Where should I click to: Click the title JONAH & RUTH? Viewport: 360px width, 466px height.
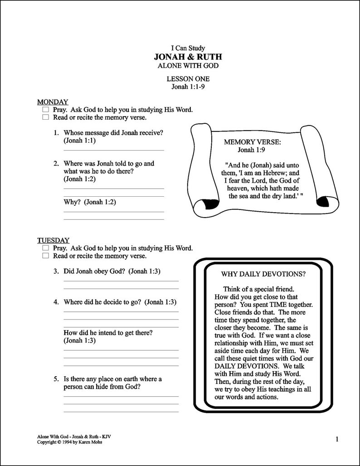pos(188,57)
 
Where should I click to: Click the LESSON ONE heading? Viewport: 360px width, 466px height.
pos(188,79)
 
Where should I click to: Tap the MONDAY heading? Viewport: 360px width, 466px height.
pos(53,102)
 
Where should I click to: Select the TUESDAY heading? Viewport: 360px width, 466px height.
pos(53,240)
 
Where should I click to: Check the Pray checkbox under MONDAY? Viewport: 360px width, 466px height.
pos(45,110)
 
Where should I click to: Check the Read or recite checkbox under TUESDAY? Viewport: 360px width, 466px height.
pos(45,256)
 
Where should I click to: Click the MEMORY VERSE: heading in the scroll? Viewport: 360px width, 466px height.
pos(252,142)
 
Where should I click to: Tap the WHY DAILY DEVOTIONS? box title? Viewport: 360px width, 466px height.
pos(263,274)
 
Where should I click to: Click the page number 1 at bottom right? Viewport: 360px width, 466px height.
pos(337,438)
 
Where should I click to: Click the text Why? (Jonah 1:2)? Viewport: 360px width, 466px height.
pos(90,202)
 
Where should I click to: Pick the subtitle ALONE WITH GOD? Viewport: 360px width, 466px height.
pos(188,66)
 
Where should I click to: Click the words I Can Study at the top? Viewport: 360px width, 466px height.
pos(188,48)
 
